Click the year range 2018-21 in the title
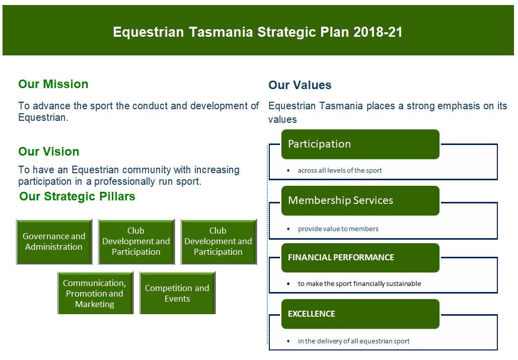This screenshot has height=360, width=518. point(378,32)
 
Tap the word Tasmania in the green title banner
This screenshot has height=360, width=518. point(221,32)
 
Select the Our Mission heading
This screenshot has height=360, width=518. point(53,84)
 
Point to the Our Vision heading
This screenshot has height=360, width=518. point(49,151)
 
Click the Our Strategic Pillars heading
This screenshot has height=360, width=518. point(78,196)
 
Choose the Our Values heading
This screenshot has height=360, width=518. point(300,85)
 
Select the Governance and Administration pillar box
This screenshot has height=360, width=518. point(54,242)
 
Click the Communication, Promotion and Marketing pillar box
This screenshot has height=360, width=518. point(95,293)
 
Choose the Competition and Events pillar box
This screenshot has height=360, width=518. point(177,293)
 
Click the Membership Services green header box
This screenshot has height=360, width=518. point(360,200)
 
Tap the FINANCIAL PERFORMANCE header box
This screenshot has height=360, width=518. point(360,258)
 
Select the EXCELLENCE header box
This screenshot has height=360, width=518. point(360,314)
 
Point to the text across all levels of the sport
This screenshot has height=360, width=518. point(340,170)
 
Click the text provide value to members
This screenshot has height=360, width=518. point(338,229)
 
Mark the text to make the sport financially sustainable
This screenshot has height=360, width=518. point(359,283)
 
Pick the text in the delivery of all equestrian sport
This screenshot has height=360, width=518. point(353,341)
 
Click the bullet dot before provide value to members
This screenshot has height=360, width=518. point(288,229)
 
